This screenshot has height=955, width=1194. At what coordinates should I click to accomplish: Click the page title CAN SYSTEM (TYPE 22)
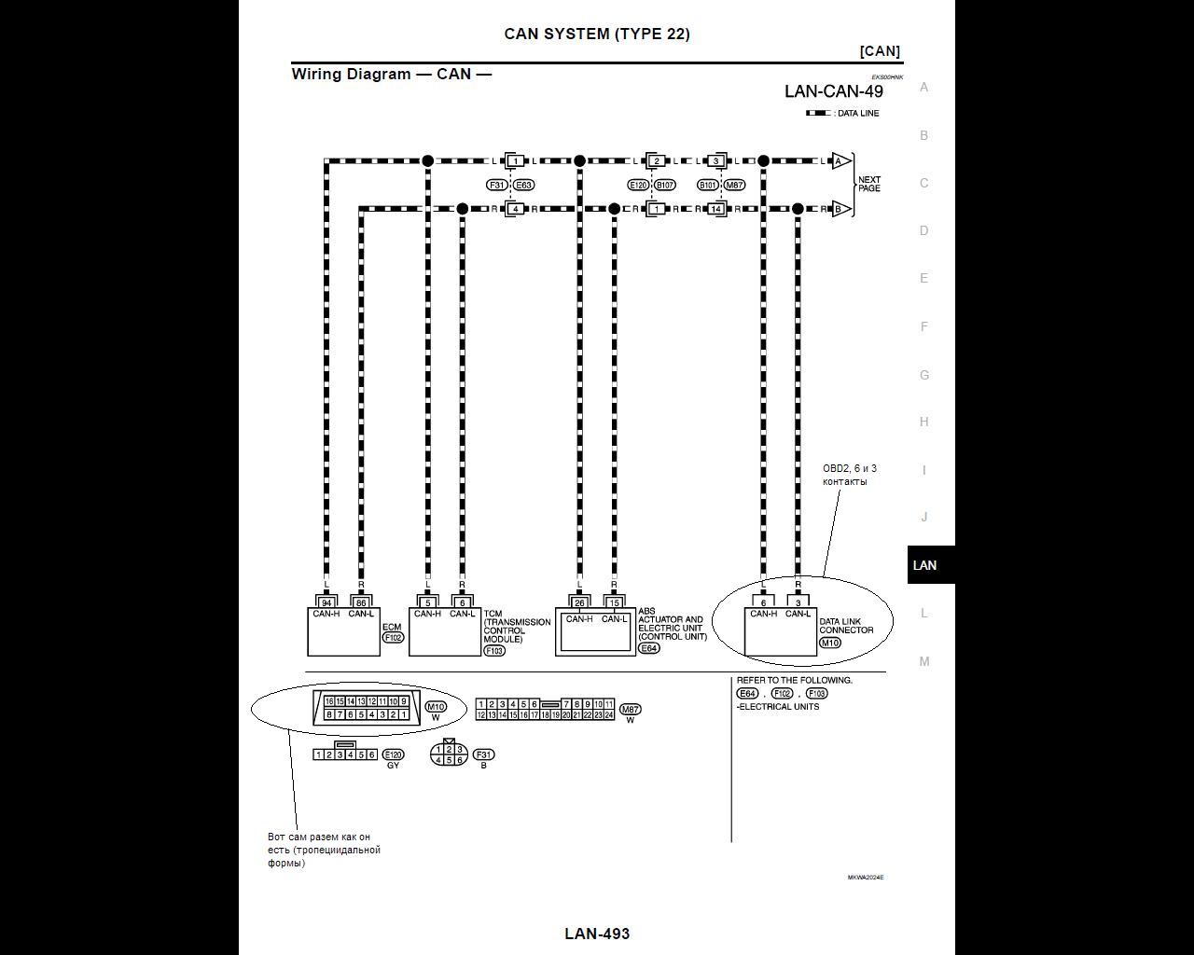coord(597,34)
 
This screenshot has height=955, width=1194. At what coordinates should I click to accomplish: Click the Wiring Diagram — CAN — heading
coord(391,74)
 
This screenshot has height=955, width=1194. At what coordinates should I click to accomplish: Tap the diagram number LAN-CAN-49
coord(833,91)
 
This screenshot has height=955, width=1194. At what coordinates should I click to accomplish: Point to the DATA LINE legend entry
coord(843,114)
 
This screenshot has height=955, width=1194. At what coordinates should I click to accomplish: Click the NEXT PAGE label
coord(868,184)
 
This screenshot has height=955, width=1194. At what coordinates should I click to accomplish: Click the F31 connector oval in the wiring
coord(496,185)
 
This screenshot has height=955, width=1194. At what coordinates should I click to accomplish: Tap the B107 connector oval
coord(664,185)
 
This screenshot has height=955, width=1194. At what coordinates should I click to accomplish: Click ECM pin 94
coord(326,602)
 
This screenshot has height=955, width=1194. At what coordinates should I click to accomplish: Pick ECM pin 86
coord(361,602)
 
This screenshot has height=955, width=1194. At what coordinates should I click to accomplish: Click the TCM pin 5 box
coord(427,602)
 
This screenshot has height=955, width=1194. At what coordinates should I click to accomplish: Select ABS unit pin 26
coord(579,602)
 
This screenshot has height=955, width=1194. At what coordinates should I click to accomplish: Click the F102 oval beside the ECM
coord(393,638)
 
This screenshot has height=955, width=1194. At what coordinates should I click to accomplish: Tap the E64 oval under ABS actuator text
coord(648,648)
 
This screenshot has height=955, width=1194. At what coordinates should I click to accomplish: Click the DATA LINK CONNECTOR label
coord(846,626)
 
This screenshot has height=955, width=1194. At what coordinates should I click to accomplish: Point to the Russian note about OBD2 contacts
coord(849,475)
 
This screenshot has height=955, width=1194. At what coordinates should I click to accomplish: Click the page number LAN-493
coord(597,934)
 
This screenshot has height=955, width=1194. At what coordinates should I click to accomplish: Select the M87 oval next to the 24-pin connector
coord(630,710)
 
